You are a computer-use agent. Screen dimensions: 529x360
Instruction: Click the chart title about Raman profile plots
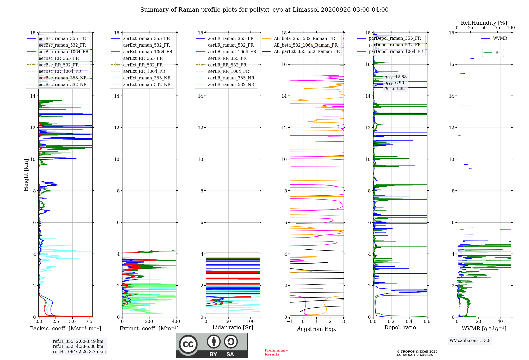coord(264,10)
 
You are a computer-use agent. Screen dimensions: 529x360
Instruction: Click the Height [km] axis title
coord(26,175)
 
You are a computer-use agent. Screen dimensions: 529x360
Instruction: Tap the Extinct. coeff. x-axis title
coord(149,328)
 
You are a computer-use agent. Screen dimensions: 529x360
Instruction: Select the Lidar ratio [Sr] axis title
coord(233,327)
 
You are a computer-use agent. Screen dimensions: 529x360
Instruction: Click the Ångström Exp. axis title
coord(317,329)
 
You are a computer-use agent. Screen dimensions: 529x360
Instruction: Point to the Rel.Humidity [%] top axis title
coord(484,23)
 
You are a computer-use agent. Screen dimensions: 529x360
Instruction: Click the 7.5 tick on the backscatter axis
coord(89,321)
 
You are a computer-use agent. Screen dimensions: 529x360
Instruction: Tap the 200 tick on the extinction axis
coord(149,321)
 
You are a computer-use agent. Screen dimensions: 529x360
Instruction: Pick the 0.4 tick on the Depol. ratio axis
coord(409,321)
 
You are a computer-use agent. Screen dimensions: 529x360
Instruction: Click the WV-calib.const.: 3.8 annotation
coord(470,341)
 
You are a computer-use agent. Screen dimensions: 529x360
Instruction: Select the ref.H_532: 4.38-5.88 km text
coord(78,346)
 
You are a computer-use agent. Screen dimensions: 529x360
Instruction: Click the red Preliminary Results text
coord(276,352)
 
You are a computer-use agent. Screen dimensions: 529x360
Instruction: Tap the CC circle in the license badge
coord(188,344)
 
